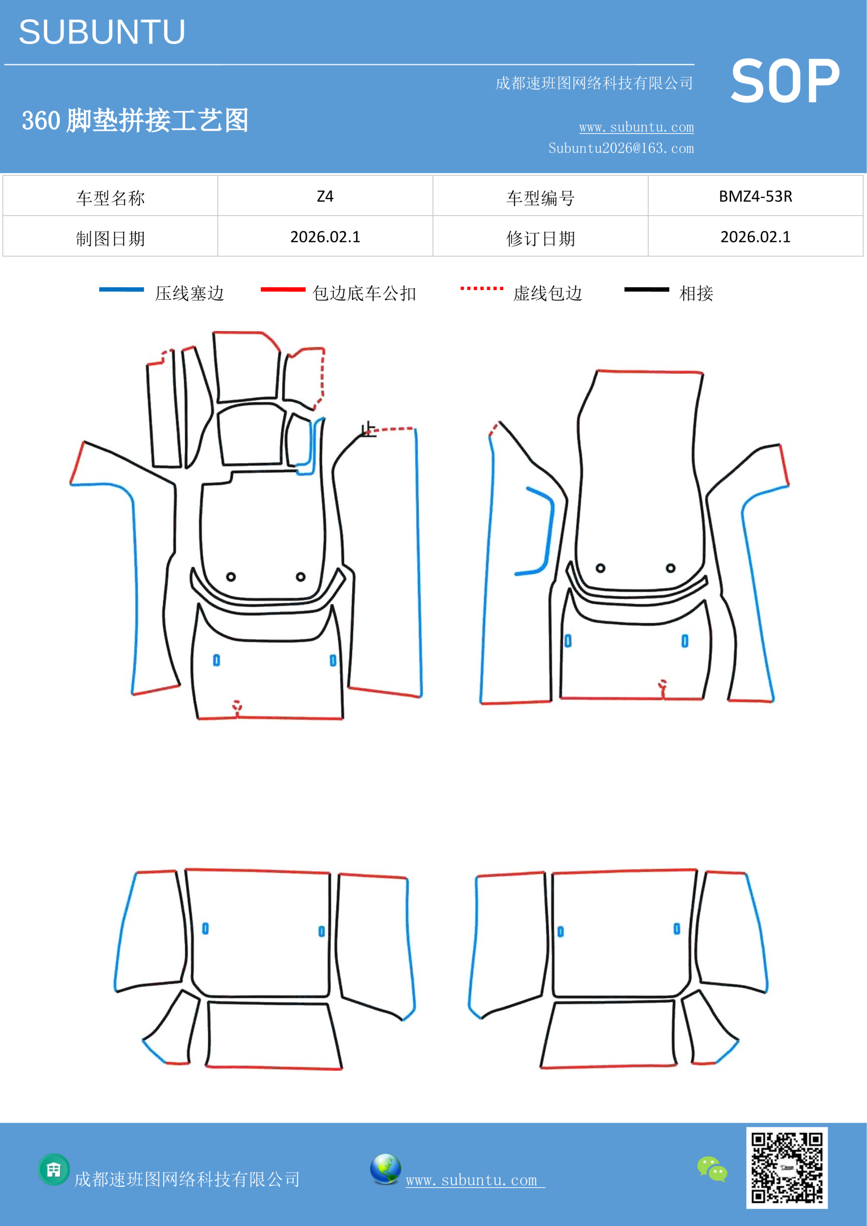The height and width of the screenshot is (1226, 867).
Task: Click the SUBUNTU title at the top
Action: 102,32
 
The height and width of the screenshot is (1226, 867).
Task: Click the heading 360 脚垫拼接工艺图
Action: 135,120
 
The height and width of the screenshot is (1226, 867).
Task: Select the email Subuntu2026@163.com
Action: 621,148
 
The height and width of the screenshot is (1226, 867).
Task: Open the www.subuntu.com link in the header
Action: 636,127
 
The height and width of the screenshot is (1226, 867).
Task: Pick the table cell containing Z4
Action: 325,196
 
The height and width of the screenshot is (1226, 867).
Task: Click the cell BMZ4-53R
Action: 755,196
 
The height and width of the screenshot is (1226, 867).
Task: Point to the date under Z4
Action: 325,237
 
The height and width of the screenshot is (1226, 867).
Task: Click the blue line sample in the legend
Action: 121,289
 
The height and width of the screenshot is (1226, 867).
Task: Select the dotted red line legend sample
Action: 482,288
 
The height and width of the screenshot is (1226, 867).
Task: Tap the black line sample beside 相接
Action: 646,289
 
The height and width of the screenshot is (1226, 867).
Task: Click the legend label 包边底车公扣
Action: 364,293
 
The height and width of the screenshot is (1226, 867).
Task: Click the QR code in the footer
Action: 787,1167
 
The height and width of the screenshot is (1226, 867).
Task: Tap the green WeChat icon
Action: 712,1169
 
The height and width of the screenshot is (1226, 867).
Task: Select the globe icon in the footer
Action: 385,1169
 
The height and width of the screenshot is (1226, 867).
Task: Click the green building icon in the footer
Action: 54,1169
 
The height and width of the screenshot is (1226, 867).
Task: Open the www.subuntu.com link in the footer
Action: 475,1180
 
